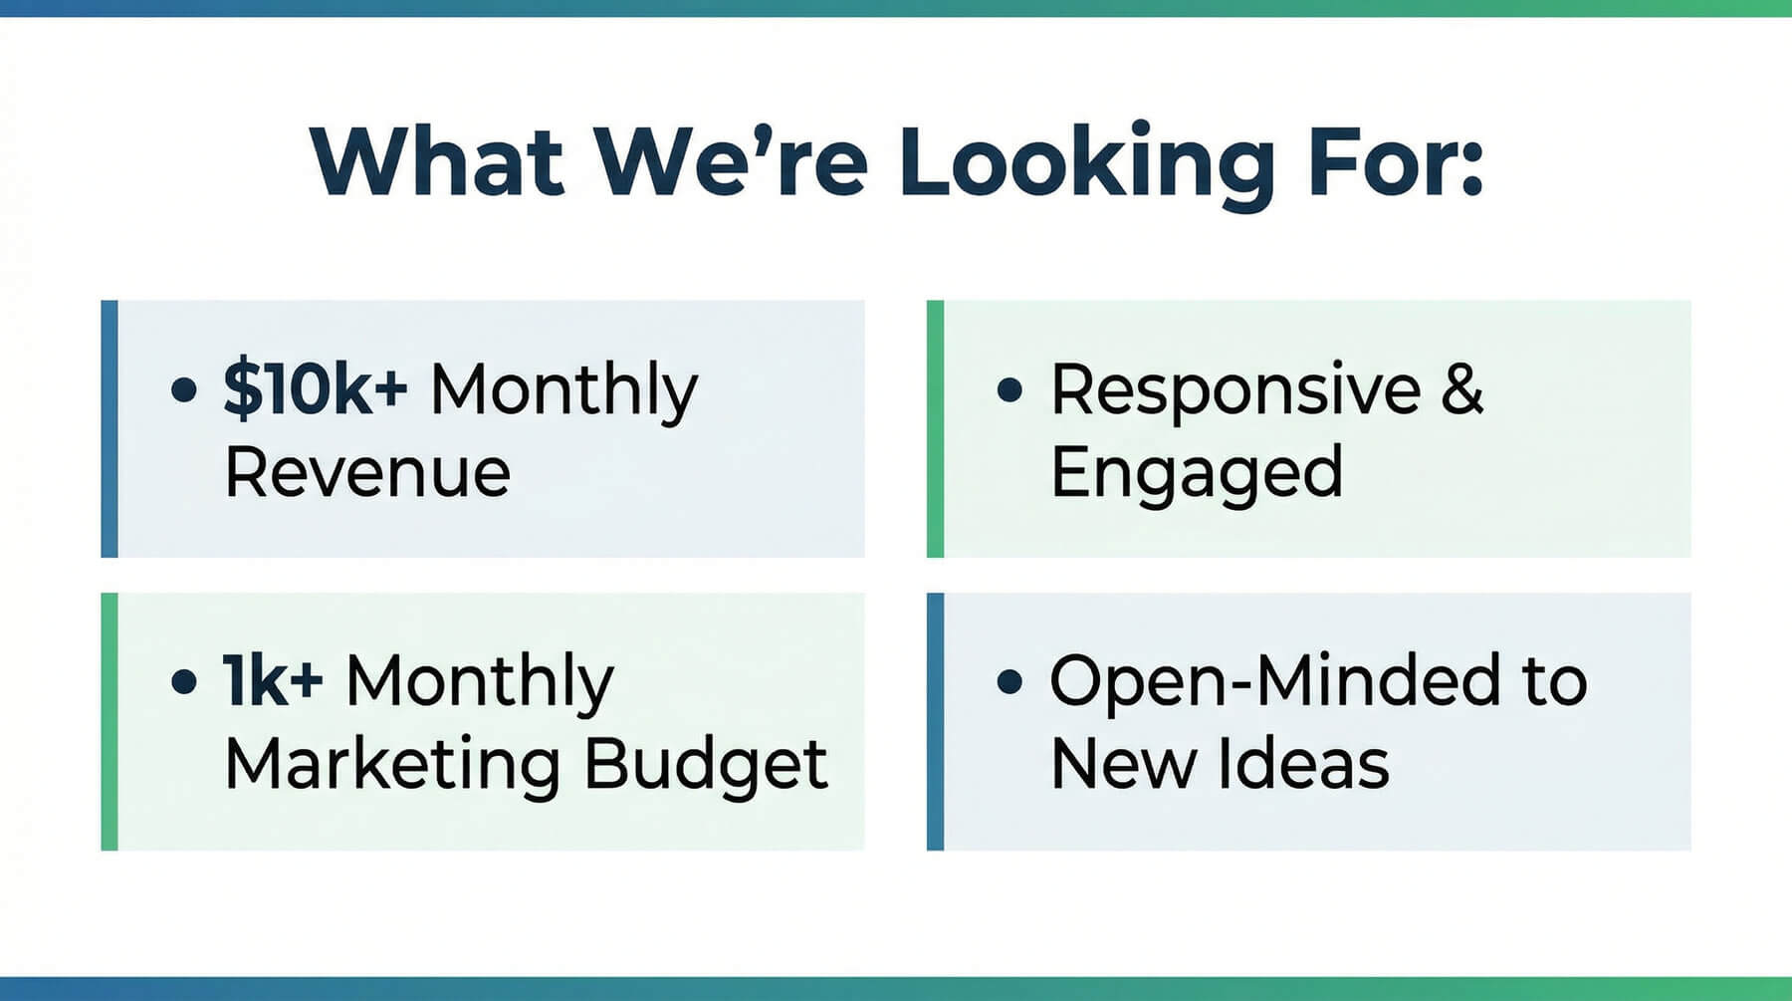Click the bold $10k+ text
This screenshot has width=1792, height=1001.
click(315, 388)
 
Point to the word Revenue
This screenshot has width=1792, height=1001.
click(367, 472)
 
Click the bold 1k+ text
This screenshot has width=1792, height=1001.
click(273, 681)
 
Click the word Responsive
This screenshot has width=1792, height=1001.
click(1235, 389)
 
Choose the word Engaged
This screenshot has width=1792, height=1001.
click(1197, 473)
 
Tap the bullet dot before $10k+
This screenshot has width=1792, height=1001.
click(184, 389)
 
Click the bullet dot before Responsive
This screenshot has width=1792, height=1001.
click(1009, 389)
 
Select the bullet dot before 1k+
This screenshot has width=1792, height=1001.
click(184, 681)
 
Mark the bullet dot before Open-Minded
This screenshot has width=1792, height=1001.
click(1009, 681)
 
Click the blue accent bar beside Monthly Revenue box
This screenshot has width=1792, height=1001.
click(110, 428)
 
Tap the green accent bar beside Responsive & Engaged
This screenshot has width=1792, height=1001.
click(935, 428)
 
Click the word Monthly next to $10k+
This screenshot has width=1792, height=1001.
click(563, 391)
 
